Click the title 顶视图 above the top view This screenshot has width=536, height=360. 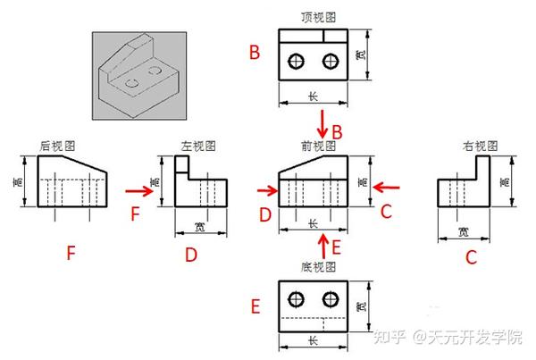pos(318,17)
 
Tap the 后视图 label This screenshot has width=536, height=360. pos(57,145)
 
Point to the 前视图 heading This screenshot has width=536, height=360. pos(318,145)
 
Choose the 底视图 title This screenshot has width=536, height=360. pos(318,267)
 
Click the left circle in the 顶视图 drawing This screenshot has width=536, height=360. pos(297,61)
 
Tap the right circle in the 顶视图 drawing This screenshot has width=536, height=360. pos(332,61)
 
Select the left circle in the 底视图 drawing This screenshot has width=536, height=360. pos(297,298)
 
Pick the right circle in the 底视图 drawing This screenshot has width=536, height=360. pos(332,298)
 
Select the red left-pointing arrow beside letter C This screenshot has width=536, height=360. pos(386,188)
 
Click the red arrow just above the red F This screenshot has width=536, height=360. pos(137,190)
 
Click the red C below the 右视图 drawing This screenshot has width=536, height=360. pos(471,257)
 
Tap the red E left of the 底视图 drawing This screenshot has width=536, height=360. pos(255,308)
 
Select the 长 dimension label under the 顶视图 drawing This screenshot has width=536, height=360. pos(313,96)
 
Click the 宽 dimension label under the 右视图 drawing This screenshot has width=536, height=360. pos(463,231)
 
